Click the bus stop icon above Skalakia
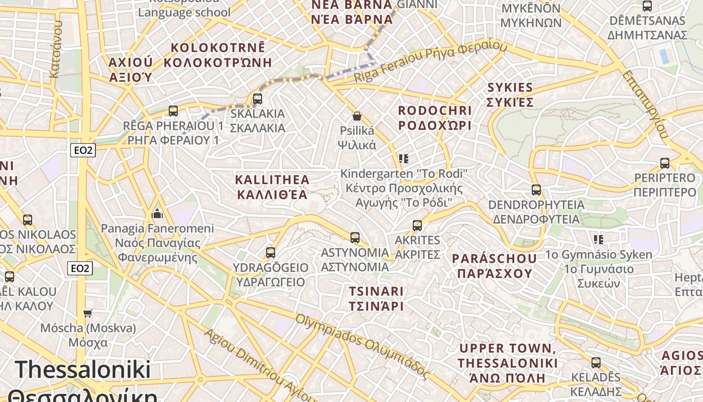click(x=258, y=99)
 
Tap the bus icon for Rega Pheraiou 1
click(x=173, y=111)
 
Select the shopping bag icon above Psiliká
click(x=357, y=117)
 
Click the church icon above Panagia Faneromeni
click(x=157, y=214)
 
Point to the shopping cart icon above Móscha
click(x=88, y=313)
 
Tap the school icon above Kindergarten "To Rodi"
click(x=403, y=159)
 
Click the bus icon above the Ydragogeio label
click(x=271, y=252)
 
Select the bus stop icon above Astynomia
click(x=355, y=238)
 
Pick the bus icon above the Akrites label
click(x=417, y=226)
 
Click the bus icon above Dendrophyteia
click(x=536, y=190)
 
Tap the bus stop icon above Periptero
click(x=665, y=163)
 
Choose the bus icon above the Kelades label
click(x=596, y=363)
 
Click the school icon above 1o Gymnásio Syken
click(x=598, y=239)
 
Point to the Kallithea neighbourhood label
click(x=272, y=187)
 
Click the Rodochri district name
click(x=435, y=118)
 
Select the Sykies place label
click(x=510, y=94)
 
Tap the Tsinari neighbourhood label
click(x=376, y=298)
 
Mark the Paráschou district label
click(x=494, y=266)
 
